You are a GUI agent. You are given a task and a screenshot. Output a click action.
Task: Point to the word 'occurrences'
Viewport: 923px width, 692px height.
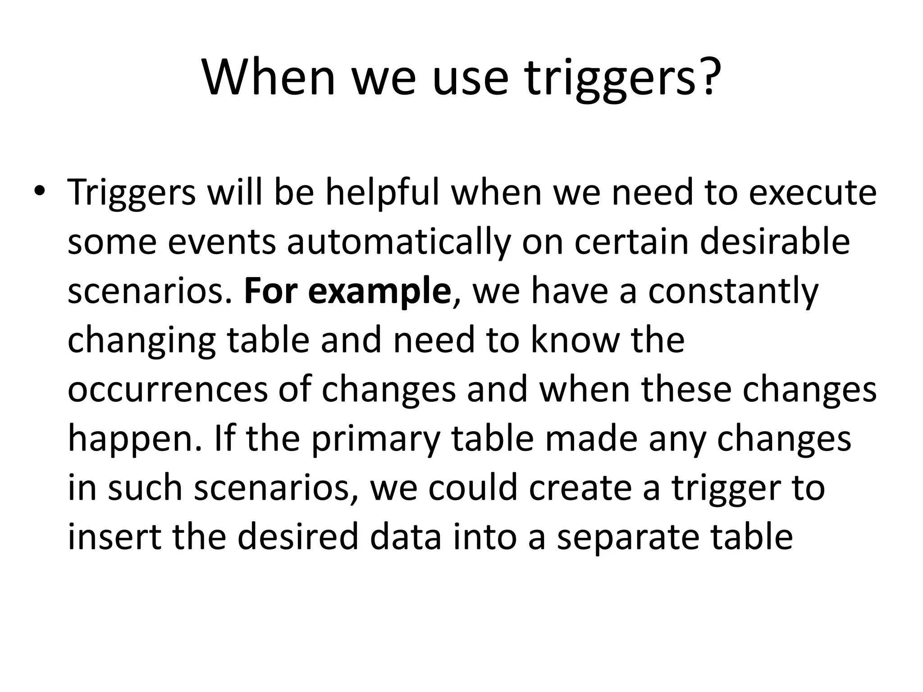(x=168, y=389)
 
